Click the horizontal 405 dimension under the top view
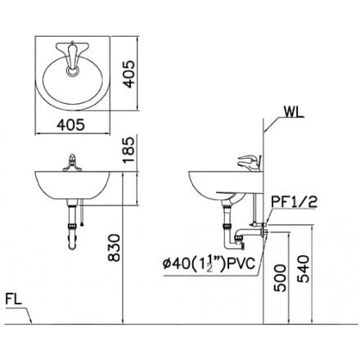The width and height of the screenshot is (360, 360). pyautogui.click(x=74, y=124)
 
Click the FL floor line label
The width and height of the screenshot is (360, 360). pyautogui.click(x=15, y=299)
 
